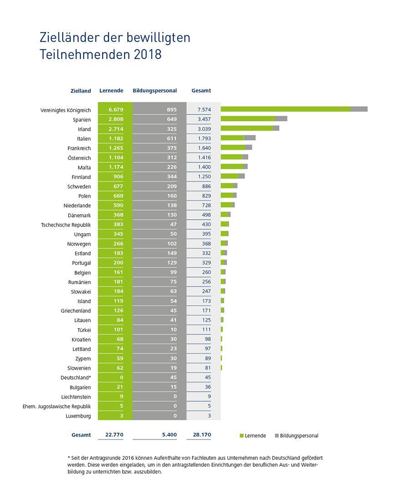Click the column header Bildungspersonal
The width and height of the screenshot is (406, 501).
coord(154,91)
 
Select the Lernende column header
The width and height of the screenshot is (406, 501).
coord(111,91)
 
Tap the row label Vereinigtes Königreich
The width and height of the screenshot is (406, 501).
coord(66,110)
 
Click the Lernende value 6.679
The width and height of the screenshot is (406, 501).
coord(116,110)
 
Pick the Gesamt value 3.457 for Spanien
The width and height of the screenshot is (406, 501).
coord(203,119)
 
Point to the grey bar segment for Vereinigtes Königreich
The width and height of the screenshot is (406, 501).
coord(359,109)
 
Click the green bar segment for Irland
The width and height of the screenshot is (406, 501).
coord(247,129)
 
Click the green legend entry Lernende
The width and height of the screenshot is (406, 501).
coord(253,436)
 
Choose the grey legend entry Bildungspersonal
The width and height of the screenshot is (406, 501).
coord(296,436)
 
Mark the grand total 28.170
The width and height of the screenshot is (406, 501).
coord(201,435)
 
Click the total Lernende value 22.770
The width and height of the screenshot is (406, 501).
coord(114,435)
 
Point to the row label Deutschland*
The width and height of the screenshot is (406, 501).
coord(76,378)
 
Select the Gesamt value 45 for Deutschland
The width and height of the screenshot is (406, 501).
coord(207,377)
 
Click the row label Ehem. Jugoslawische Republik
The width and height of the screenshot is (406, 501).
coord(57,407)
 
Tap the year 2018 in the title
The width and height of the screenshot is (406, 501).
coord(148,54)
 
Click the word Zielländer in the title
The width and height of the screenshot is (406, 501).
coord(68,37)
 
